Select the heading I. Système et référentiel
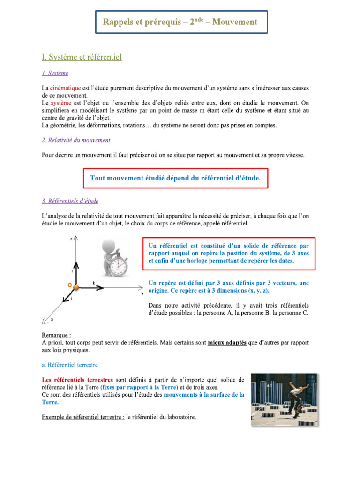tap(82, 57)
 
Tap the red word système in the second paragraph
tap(60, 103)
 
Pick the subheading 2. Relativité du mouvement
tap(76, 140)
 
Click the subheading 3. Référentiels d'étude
tap(70, 201)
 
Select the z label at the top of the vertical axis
tap(71, 239)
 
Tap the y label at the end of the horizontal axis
tap(142, 294)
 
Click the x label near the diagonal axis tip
tap(52, 320)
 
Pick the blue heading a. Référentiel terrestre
tap(70, 364)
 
